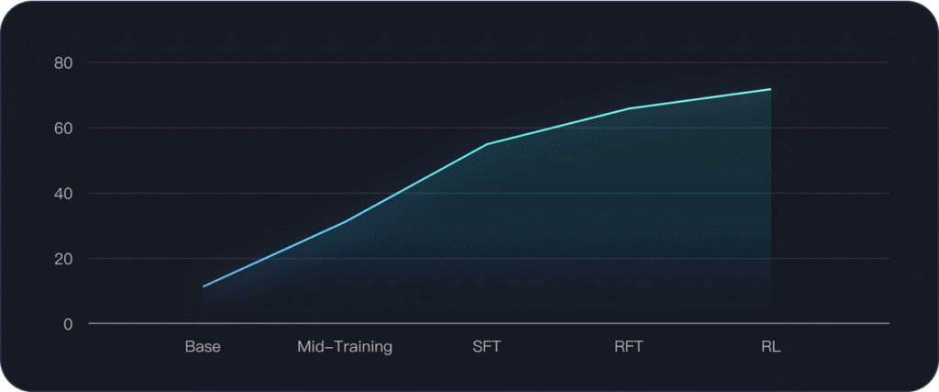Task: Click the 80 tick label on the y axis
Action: tap(63, 63)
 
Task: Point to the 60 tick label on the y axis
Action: tap(63, 129)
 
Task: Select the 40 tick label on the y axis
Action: tap(63, 194)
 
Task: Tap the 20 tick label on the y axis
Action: tap(63, 259)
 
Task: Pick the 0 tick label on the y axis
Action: tap(68, 324)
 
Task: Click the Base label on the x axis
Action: tap(203, 347)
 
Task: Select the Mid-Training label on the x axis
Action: tap(345, 347)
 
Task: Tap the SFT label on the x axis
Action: tap(487, 347)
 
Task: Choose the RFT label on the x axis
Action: tap(629, 347)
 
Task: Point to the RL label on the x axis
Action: tap(770, 347)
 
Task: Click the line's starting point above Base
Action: tap(204, 286)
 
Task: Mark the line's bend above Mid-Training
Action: tap(346, 221)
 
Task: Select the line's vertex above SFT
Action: tap(487, 144)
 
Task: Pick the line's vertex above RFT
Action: tap(629, 108)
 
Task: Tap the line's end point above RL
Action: tap(770, 89)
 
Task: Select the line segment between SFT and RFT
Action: tap(558, 127)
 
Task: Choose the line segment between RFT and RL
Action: tap(700, 99)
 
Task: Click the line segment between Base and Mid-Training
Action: tap(275, 253)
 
